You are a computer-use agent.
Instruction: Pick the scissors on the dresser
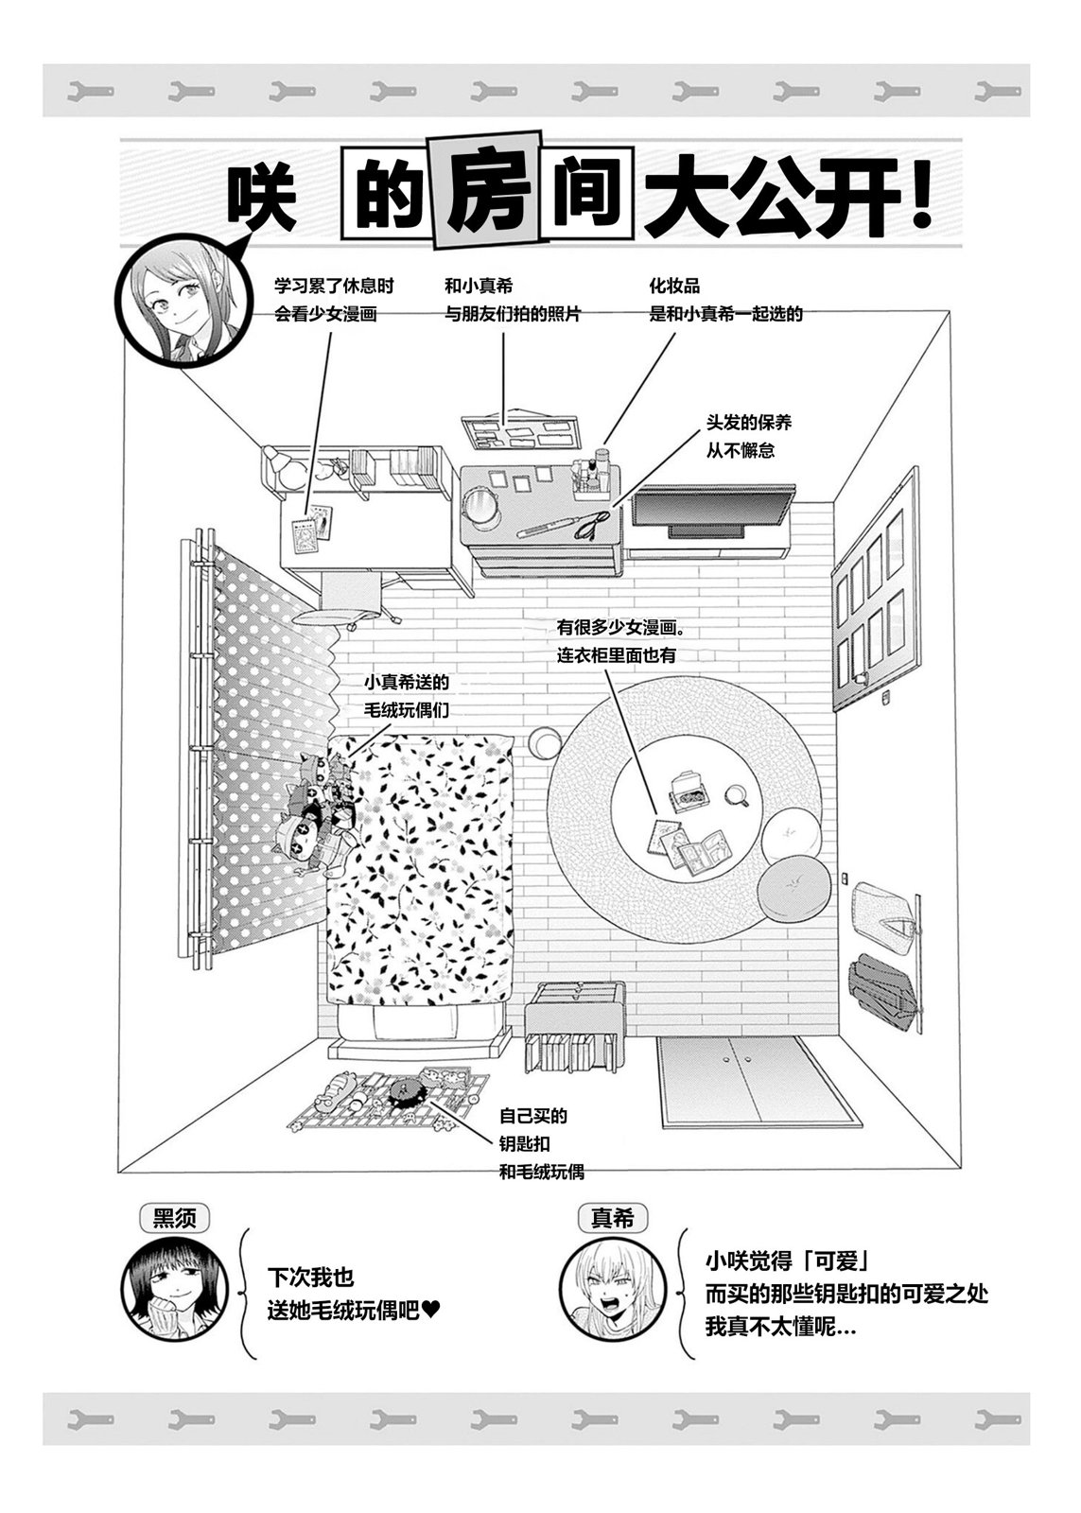point(592,524)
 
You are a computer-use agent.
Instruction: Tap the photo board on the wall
point(520,430)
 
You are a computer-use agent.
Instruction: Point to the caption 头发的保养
point(749,423)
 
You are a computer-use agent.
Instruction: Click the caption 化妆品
point(674,286)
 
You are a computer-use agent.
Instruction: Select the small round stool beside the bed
point(545,742)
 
